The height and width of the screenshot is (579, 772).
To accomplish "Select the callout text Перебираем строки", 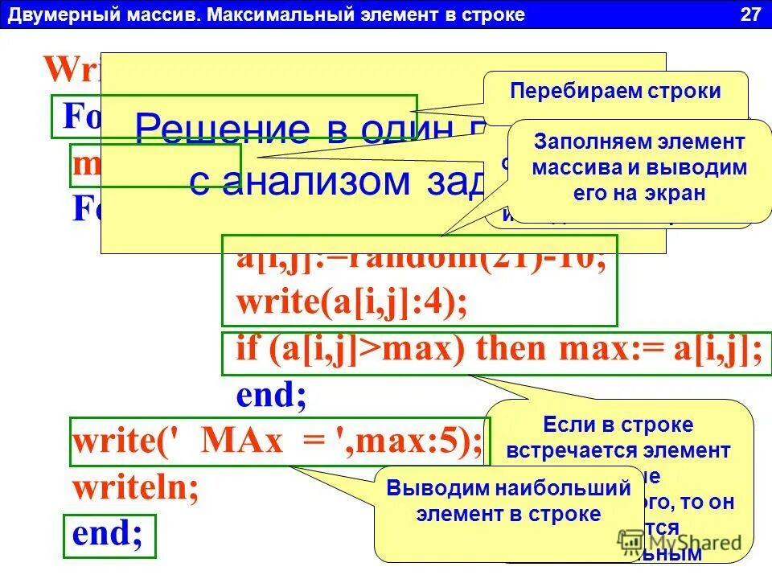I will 615,91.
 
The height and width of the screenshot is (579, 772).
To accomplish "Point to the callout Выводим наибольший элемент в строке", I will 508,501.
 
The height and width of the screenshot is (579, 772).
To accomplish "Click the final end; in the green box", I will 108,534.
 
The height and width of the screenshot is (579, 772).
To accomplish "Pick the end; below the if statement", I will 271,396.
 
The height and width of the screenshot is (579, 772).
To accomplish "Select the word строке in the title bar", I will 495,14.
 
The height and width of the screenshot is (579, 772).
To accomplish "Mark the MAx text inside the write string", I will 238,441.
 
